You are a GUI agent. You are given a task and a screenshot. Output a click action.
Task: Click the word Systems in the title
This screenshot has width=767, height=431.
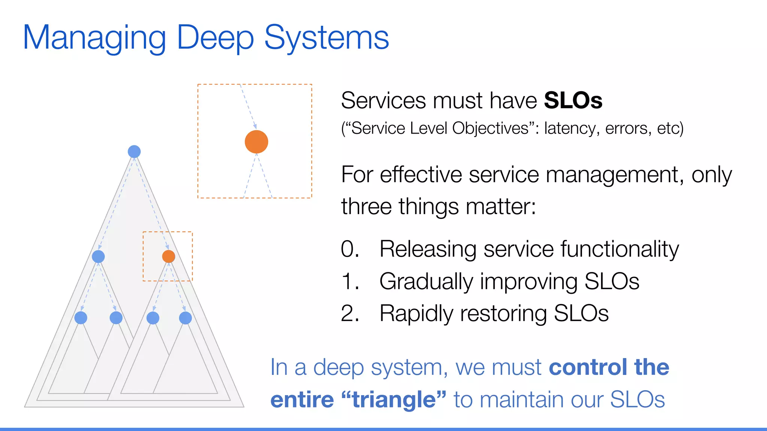click(327, 38)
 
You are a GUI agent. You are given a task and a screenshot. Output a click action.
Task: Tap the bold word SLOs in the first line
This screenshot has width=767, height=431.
click(573, 101)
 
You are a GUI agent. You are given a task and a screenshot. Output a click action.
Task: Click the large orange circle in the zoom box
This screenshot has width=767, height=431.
click(256, 142)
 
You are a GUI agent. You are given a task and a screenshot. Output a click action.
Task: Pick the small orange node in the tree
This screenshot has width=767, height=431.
click(169, 256)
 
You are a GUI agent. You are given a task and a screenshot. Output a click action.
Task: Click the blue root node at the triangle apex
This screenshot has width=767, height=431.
click(134, 152)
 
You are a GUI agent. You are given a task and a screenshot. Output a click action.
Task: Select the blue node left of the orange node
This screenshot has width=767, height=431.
click(98, 256)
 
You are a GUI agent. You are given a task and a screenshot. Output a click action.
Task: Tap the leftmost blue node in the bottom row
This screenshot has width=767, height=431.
click(81, 318)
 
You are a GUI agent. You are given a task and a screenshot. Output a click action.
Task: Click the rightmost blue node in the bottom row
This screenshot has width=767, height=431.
click(185, 318)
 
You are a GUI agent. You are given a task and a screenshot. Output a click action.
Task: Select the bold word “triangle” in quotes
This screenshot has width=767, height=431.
click(394, 400)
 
